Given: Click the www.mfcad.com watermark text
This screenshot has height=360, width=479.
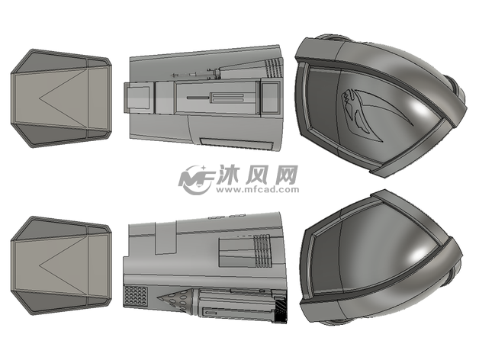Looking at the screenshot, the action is (258, 189).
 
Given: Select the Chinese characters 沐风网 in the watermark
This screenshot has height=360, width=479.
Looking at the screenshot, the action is (258, 175).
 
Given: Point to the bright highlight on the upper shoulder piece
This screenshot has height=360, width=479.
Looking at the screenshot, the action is (422, 108).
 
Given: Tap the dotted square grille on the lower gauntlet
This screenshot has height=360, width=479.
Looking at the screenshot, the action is (135, 297).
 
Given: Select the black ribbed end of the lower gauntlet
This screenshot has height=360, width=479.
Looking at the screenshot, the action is (281, 308).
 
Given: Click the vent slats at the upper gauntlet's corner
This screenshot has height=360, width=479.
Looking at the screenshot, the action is (274, 68).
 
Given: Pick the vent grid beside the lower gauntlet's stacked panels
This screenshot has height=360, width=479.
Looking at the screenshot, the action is (262, 251).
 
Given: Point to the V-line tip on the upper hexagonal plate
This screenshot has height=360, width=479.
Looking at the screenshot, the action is (40, 98).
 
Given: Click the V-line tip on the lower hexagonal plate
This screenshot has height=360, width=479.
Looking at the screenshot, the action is (40, 265).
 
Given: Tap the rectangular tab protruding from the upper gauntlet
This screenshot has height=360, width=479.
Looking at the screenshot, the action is (137, 98).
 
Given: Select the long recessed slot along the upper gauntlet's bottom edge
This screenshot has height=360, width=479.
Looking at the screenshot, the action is (236, 144).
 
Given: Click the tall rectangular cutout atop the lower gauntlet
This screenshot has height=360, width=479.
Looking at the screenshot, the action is (166, 237).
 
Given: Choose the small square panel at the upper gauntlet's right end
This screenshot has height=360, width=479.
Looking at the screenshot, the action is (269, 97).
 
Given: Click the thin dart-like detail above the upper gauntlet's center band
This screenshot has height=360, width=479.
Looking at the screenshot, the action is (195, 74).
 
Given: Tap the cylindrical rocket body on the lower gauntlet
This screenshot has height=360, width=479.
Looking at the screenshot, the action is (235, 304).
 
